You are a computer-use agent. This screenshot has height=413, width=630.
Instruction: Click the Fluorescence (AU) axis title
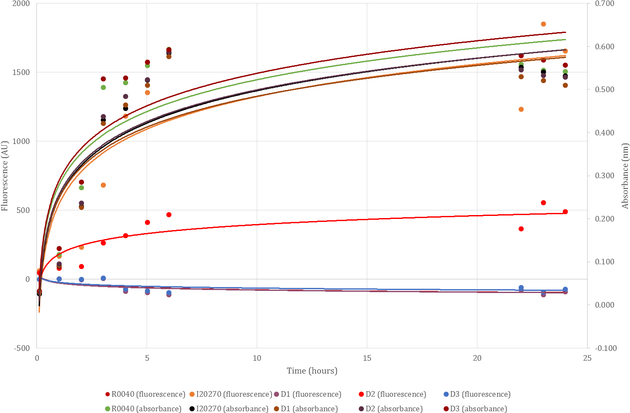5,176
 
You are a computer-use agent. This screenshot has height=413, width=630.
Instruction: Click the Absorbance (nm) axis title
625,176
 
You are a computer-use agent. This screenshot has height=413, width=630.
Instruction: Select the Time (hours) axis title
312,371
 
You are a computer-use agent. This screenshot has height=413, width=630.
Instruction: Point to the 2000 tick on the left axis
21,4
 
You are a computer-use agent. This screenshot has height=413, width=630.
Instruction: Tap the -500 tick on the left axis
21,348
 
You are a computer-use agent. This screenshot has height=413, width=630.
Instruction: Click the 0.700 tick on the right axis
605,4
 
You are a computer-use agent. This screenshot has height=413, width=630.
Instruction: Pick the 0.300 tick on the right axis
605,176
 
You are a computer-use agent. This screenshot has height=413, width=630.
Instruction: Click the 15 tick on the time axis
367,358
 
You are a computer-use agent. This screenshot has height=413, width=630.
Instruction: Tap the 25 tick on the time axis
587,358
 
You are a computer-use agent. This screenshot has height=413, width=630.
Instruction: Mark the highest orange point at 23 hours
543,24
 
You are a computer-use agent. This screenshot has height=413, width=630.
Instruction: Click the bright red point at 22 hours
521,229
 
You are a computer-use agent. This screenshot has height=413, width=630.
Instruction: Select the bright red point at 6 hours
169,215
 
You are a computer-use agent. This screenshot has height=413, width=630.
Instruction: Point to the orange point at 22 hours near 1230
521,109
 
